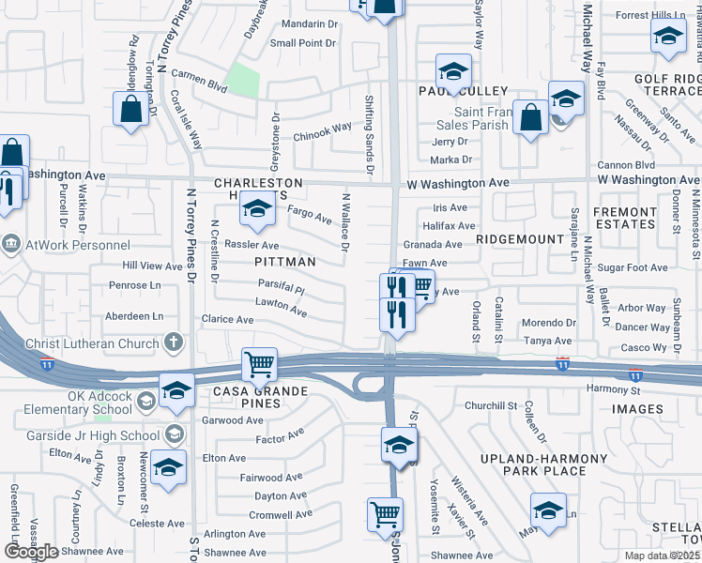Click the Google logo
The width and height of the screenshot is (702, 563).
pos(31,552)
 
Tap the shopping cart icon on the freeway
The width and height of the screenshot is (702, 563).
pos(259,363)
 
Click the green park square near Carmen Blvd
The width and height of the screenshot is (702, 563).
pos(244,81)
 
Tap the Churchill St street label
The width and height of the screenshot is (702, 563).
pos(491,405)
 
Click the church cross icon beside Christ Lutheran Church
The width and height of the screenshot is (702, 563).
pos(173,342)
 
